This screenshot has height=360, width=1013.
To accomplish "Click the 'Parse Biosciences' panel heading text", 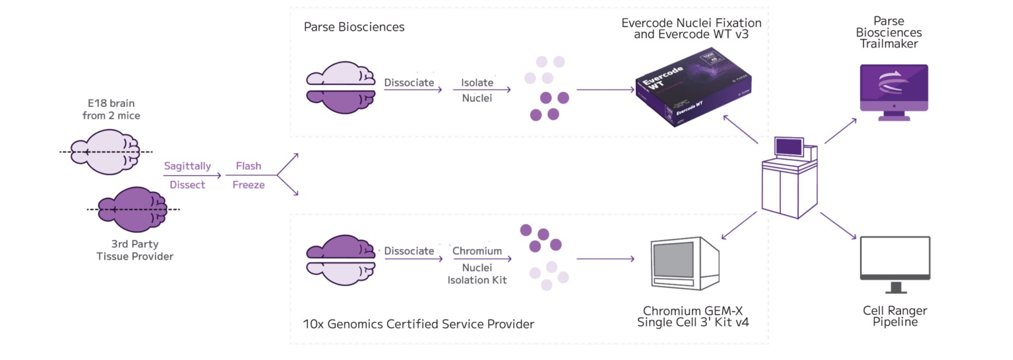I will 353,27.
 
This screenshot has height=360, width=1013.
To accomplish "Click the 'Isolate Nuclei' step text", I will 476,91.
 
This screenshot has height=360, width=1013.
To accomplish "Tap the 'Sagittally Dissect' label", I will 187,175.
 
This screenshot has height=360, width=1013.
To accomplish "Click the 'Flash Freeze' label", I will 249,175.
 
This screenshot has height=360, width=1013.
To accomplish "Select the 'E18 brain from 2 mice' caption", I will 111,109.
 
